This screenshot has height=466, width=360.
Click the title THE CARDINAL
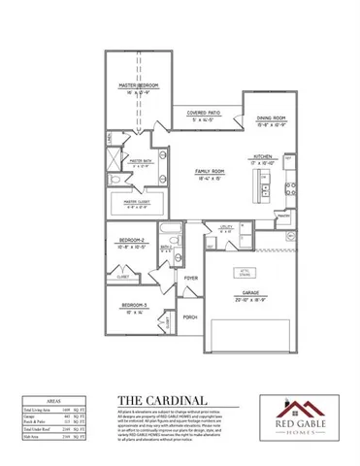(x=161, y=399)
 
